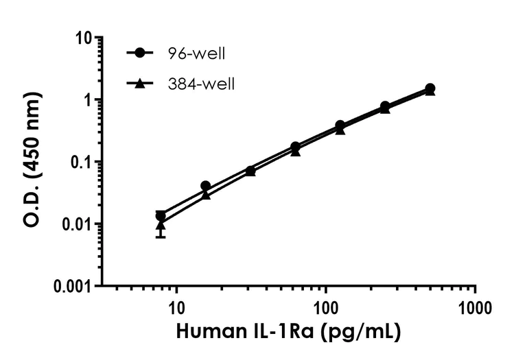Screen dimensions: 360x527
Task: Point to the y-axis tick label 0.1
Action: [x=80, y=162]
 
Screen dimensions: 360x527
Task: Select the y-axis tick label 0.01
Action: [x=76, y=224]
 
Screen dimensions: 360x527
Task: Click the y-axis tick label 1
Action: [x=89, y=100]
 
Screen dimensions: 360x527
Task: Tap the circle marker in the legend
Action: [x=141, y=53]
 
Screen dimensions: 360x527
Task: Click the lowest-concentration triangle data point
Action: [x=161, y=224]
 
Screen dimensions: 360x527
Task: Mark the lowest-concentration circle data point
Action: [x=161, y=215]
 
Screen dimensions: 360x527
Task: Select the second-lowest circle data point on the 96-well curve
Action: [x=205, y=186]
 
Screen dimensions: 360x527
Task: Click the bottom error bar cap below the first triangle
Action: [x=161, y=237]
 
